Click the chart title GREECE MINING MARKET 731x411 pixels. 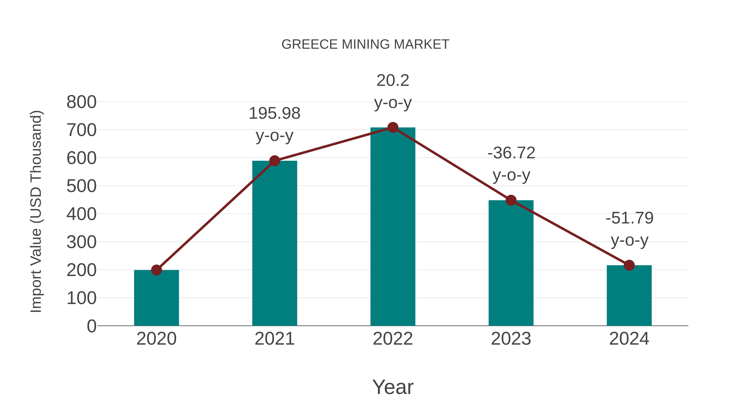point(365,44)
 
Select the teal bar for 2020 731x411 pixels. point(156,298)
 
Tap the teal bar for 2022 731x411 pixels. point(393,227)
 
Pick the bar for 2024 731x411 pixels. point(629,296)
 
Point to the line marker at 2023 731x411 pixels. point(511,200)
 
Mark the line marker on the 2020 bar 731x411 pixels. point(156,270)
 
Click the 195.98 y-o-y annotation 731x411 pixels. point(274,124)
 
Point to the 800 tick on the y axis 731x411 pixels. point(81,102)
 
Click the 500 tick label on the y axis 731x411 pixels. point(81,186)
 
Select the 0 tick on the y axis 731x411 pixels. point(91,326)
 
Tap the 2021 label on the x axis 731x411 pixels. point(274,339)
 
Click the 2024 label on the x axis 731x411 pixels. point(629,339)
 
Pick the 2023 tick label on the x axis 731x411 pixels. point(511,339)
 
